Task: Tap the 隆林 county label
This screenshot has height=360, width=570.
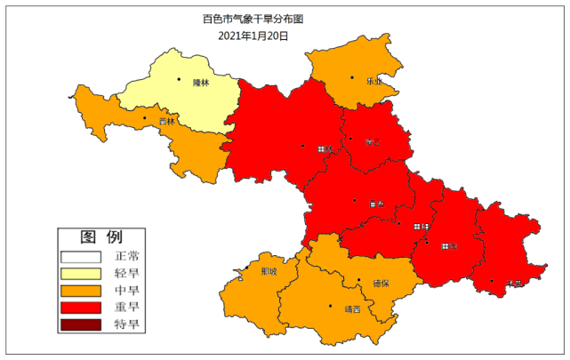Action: [x=200, y=83]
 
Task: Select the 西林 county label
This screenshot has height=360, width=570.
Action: [x=167, y=120]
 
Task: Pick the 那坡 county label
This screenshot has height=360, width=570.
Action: [x=268, y=271]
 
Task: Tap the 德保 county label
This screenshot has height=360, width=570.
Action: [x=381, y=284]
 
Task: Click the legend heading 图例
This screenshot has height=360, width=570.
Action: [x=100, y=237]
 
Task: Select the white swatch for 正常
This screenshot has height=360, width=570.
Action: [x=82, y=257]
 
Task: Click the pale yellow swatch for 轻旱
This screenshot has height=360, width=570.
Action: [x=82, y=274]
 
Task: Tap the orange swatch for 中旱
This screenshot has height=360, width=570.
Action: [x=82, y=291]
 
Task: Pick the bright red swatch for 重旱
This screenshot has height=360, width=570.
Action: [x=82, y=308]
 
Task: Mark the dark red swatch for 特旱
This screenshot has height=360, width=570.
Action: [x=82, y=324]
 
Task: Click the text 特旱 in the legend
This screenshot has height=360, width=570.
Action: [x=128, y=324]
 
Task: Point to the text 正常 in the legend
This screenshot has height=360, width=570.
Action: [x=128, y=257]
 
